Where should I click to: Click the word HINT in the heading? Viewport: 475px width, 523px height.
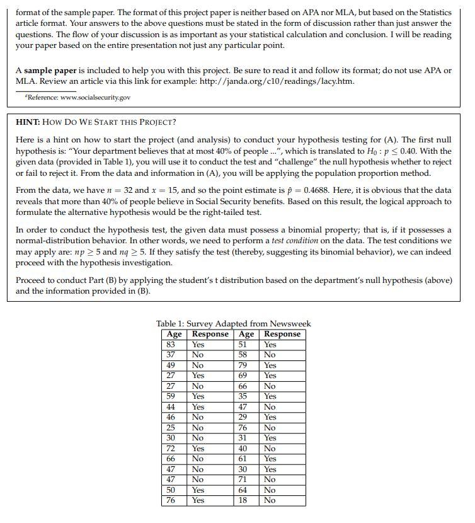coord(27,122)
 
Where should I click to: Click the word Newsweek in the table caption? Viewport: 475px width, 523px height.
coord(290,324)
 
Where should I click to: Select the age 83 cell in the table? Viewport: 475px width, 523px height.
coord(170,345)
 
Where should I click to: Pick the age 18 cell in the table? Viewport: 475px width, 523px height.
coord(243,500)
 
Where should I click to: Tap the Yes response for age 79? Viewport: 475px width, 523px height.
coord(270,365)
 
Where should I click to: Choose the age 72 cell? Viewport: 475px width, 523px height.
coord(170,449)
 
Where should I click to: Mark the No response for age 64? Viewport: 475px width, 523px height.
coord(270,490)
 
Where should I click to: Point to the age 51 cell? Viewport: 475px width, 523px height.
coord(243,345)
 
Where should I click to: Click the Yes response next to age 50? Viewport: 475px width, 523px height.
coord(198,490)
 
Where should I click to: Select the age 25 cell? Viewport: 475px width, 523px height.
coord(170,428)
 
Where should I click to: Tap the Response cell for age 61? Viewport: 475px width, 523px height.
coord(270,459)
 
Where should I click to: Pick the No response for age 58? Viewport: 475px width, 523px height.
coord(270,355)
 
